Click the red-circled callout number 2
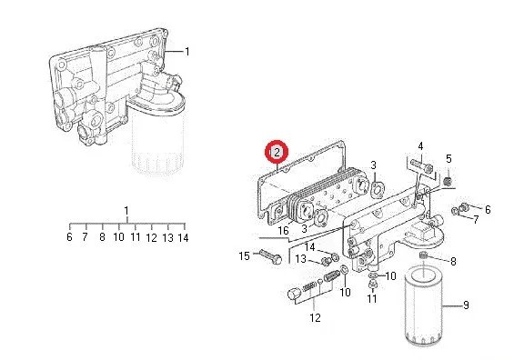pyautogui.click(x=277, y=153)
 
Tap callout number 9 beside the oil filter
pyautogui.click(x=466, y=305)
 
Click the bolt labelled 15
pyautogui.click(x=270, y=256)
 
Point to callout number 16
pyautogui.click(x=283, y=230)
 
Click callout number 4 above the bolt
pyautogui.click(x=420, y=146)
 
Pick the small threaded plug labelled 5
pyautogui.click(x=448, y=181)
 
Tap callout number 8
pyautogui.click(x=453, y=261)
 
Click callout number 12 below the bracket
pyautogui.click(x=315, y=317)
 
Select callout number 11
pyautogui.click(x=372, y=298)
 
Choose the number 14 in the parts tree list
pyautogui.click(x=184, y=238)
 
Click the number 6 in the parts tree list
pyautogui.click(x=69, y=236)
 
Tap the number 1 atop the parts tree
pyautogui.click(x=126, y=211)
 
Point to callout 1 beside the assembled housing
pyautogui.click(x=187, y=52)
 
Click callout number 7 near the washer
pyautogui.click(x=476, y=219)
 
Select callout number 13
pyautogui.click(x=301, y=259)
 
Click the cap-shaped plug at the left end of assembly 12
pyautogui.click(x=295, y=294)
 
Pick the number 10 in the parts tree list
pyautogui.click(x=118, y=237)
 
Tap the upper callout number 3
pyautogui.click(x=373, y=165)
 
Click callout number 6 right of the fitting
pyautogui.click(x=488, y=210)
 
